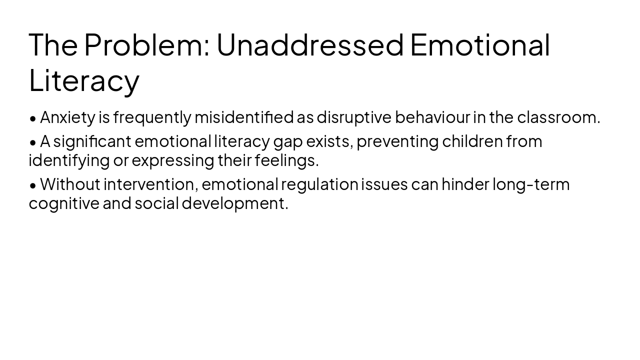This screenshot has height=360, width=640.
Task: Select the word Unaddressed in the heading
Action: [309, 44]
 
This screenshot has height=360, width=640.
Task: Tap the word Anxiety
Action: [67, 117]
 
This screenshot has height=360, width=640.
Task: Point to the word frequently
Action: [152, 117]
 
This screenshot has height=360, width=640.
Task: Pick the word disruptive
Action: [354, 117]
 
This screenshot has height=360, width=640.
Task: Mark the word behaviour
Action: [432, 117]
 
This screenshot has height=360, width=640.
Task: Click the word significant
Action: [92, 141]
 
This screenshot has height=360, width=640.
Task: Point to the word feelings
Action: [286, 160]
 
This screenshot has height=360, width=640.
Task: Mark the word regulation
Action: [319, 184]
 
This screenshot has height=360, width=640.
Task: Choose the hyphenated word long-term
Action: [531, 184]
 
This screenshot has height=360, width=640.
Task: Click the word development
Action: [234, 203]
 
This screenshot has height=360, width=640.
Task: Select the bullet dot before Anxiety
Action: [33, 118]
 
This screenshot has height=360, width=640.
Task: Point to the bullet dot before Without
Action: [33, 185]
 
